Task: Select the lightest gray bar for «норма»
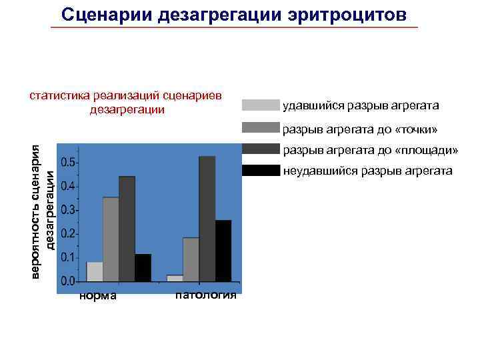click(x=95, y=271)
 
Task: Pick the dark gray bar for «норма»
click(x=127, y=229)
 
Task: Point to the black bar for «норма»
click(x=143, y=267)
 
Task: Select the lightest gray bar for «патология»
click(x=175, y=278)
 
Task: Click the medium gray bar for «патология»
click(x=191, y=259)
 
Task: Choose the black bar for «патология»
click(x=223, y=251)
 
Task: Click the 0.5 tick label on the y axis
click(x=67, y=163)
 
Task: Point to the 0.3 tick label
click(x=67, y=210)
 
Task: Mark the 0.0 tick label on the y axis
click(x=67, y=282)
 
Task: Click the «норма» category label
click(x=97, y=295)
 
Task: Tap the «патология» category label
click(x=205, y=295)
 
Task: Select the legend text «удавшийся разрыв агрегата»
click(x=361, y=105)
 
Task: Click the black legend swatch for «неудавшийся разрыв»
click(x=261, y=171)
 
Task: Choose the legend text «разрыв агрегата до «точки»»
click(x=360, y=129)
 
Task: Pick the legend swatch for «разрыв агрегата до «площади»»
click(x=261, y=149)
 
